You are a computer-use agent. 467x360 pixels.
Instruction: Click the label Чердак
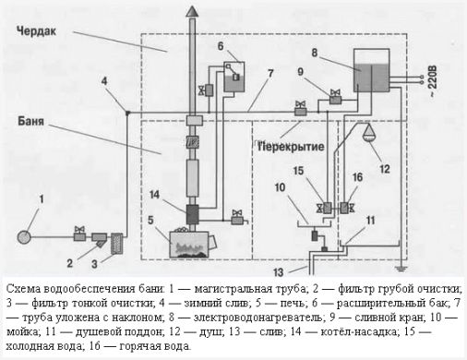[x=36, y=31]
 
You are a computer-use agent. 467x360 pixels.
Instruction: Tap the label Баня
[x=30, y=121]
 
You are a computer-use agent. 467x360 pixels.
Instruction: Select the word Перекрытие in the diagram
[x=291, y=147]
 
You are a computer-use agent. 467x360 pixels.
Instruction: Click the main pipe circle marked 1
[x=24, y=237]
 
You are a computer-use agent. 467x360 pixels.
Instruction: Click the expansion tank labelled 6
[x=234, y=77]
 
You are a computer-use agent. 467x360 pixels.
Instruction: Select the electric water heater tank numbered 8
[x=372, y=70]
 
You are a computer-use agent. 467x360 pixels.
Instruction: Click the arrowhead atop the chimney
[x=192, y=11]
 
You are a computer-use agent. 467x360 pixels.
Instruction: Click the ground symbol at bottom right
[x=400, y=270]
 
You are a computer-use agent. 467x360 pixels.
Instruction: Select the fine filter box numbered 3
[x=116, y=244]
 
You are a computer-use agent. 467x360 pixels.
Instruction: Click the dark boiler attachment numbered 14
[x=192, y=214]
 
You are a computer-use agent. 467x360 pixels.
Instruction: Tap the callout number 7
[x=270, y=74]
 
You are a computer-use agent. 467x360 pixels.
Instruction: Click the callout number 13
[x=279, y=272]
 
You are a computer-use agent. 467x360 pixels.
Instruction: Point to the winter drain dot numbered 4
[x=127, y=113]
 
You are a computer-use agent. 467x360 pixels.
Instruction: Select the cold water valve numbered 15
[x=325, y=209]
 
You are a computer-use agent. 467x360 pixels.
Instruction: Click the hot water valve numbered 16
[x=347, y=209]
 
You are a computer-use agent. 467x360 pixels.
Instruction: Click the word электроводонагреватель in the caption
[x=258, y=318]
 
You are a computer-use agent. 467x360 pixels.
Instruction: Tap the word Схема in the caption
[x=23, y=289]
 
